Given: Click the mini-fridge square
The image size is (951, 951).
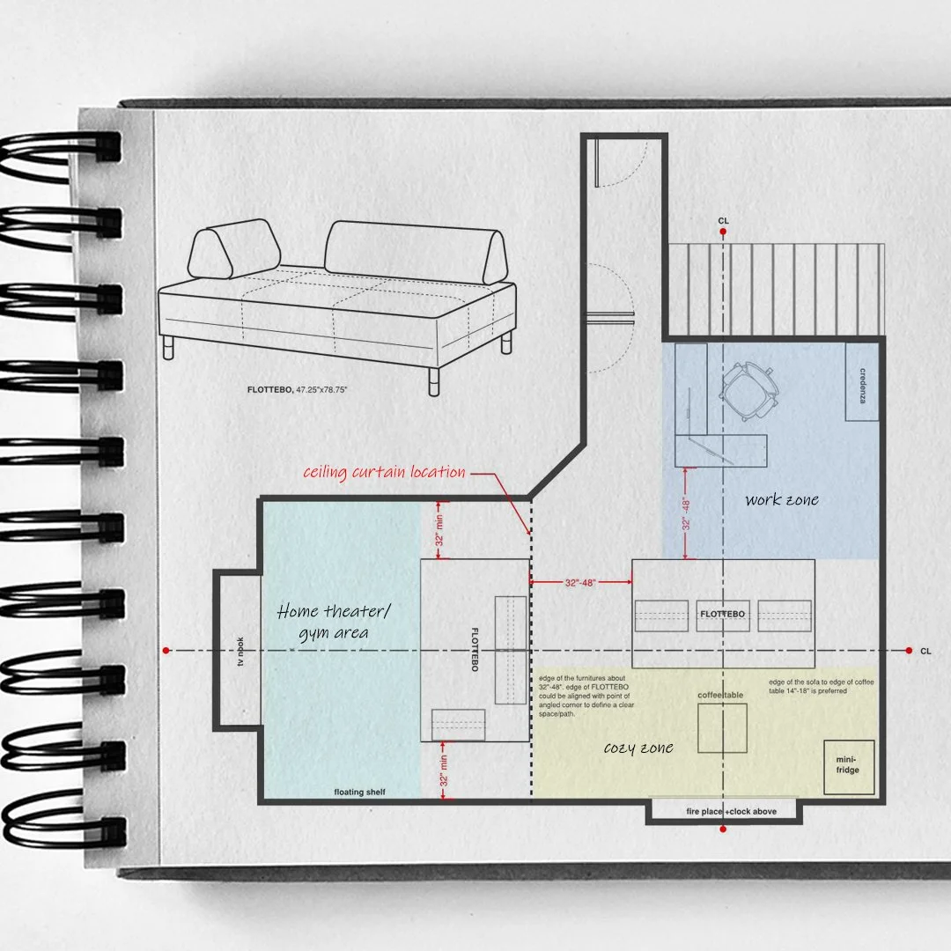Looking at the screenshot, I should (x=849, y=767).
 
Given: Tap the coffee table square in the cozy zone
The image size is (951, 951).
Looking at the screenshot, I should (x=722, y=727).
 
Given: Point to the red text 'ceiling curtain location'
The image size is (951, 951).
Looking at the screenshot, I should (x=384, y=473).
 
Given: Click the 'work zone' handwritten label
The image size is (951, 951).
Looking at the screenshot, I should (x=781, y=500).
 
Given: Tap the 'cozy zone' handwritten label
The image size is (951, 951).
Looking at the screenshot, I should (x=638, y=748).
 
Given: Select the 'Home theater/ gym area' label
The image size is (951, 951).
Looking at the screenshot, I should (x=334, y=621).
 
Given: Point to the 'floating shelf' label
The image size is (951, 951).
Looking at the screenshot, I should (x=359, y=792).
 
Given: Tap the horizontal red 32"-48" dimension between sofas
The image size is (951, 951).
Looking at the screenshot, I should (x=580, y=581).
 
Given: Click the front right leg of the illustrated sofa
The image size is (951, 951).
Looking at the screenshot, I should (x=433, y=380).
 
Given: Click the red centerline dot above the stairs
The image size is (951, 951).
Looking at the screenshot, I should (x=723, y=232).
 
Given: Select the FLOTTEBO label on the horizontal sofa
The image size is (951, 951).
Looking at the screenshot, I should (x=722, y=614).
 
